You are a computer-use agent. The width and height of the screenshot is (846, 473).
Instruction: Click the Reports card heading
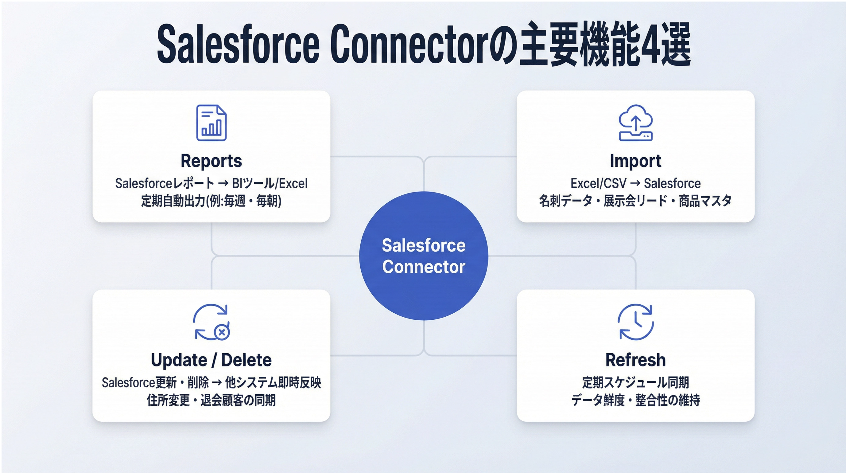[x=211, y=161]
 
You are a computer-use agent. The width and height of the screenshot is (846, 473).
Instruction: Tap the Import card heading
[x=635, y=161]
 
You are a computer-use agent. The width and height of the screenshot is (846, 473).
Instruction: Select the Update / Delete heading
[x=211, y=360]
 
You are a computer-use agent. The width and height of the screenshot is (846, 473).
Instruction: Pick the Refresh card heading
[x=635, y=360]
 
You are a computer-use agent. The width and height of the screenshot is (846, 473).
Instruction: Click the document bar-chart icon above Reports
[x=211, y=123]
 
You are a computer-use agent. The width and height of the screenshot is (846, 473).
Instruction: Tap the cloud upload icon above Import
[x=635, y=123]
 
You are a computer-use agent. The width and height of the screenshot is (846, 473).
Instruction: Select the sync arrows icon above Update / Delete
[x=211, y=322]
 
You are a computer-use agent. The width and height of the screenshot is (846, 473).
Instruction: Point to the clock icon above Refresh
[x=635, y=322]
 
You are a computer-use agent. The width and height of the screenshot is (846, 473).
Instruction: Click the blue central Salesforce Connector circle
[x=424, y=256]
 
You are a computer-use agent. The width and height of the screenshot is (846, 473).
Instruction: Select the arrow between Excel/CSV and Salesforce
[x=635, y=183]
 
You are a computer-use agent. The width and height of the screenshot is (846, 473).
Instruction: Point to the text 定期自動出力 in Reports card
[x=173, y=201]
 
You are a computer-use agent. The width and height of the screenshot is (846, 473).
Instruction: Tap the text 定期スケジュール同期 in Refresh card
[x=635, y=383]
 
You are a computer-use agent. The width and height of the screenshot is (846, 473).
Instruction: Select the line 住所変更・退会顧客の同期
[x=211, y=400]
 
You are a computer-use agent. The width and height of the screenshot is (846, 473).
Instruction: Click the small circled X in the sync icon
[x=222, y=332]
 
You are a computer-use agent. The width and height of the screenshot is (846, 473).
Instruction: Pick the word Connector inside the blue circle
[x=424, y=267]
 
